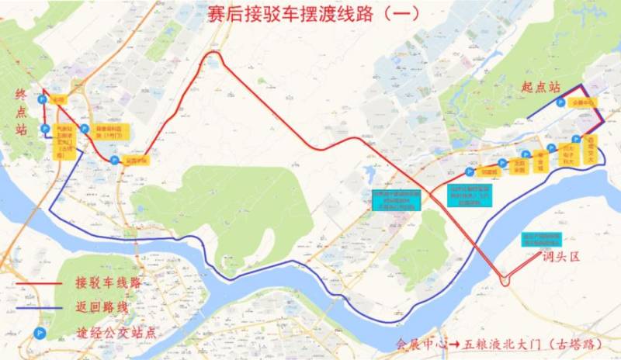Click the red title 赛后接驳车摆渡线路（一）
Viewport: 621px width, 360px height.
(x=310, y=13)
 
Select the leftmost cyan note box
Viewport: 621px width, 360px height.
(x=397, y=201)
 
